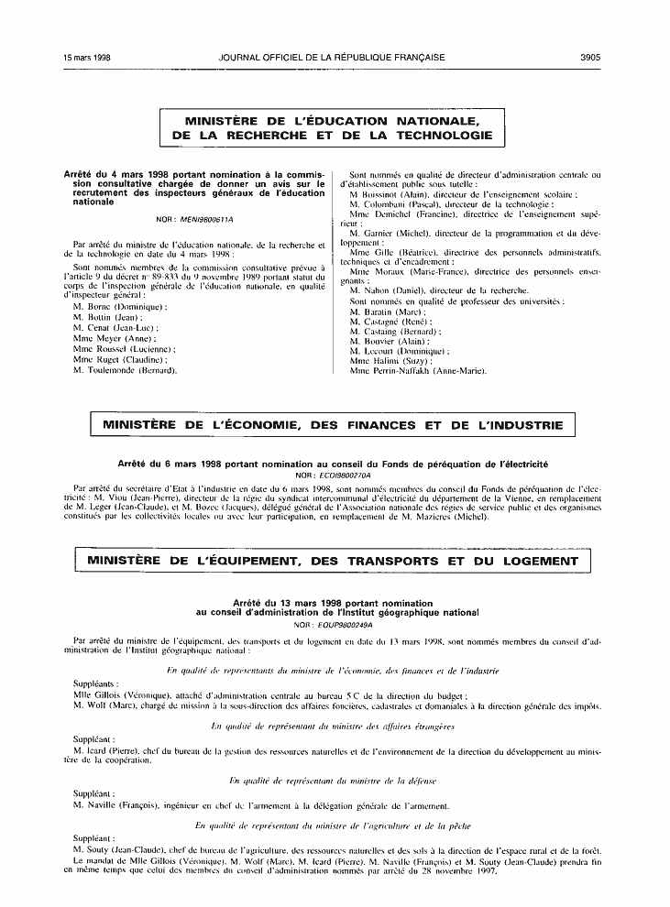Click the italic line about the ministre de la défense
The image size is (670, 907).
334,781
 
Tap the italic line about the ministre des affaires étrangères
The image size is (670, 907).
334,727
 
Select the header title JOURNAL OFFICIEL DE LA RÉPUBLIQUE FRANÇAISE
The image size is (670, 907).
332,57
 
